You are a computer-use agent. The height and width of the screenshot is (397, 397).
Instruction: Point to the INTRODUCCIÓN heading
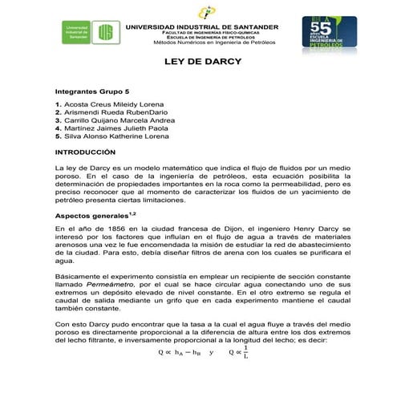point(91,152)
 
